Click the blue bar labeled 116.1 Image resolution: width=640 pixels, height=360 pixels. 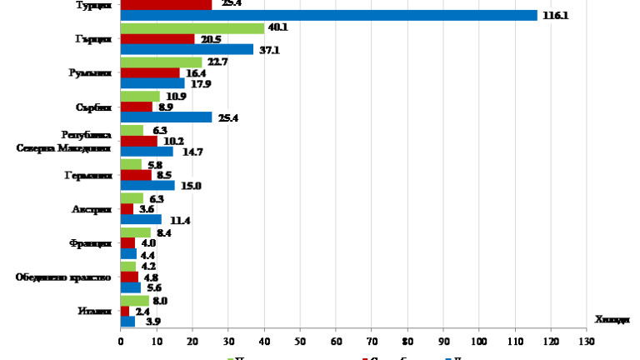tap(328, 15)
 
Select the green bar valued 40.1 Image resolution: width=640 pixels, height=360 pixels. tap(192, 28)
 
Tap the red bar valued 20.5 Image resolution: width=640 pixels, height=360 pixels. tap(157, 39)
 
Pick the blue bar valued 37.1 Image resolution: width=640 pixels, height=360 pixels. tap(187, 49)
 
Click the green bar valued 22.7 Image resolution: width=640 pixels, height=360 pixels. tap(161, 62)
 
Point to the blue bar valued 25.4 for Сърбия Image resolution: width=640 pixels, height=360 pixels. tap(166, 117)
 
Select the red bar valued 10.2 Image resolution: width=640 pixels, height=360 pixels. tap(138, 141)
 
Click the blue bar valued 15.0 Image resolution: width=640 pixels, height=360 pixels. tap(147, 185)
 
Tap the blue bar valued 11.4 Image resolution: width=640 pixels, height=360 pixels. tap(141, 219)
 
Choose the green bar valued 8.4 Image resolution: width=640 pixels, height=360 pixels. tap(135, 232)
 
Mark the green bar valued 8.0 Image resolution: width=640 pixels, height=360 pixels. tap(134, 301)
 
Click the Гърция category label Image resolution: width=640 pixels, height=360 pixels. tap(87, 39)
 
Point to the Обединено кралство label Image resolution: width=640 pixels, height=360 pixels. tap(63, 277)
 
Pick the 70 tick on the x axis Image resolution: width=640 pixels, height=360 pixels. tap(372, 342)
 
